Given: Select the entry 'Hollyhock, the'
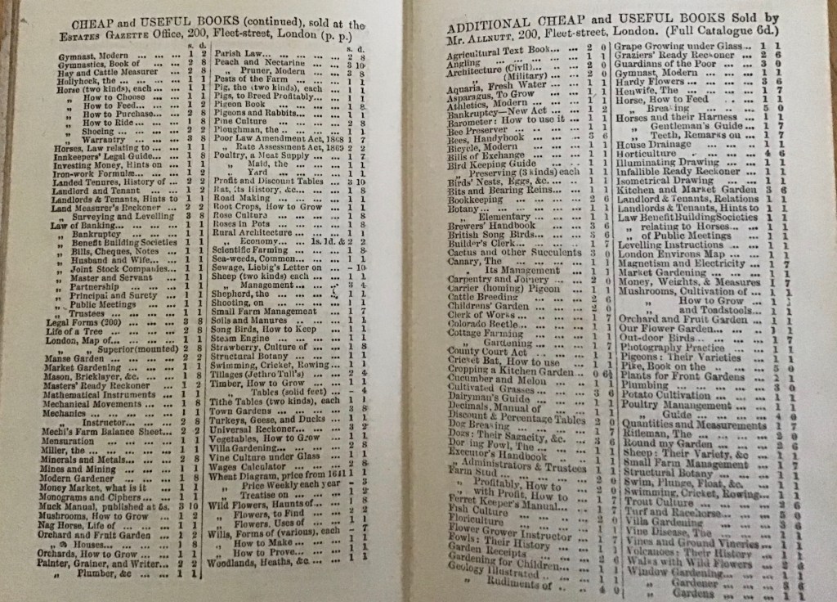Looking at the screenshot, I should pyautogui.click(x=78, y=82).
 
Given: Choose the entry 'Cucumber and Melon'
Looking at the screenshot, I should pyautogui.click(x=499, y=381).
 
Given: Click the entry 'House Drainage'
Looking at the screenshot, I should pyautogui.click(x=653, y=143).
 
